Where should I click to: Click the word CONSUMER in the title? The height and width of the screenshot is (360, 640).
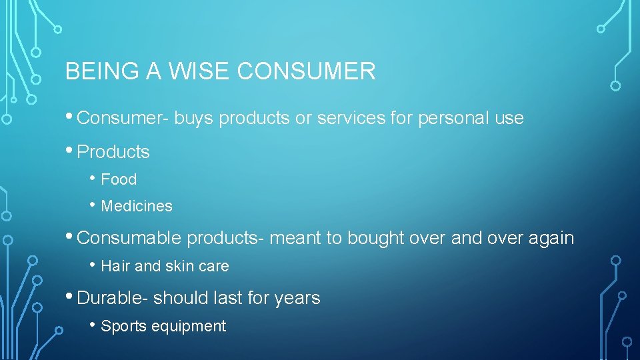[307, 71]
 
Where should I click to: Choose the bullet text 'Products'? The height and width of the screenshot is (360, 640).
[113, 152]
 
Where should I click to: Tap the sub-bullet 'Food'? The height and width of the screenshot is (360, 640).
[119, 179]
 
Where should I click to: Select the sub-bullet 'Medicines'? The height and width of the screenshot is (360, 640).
[137, 207]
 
